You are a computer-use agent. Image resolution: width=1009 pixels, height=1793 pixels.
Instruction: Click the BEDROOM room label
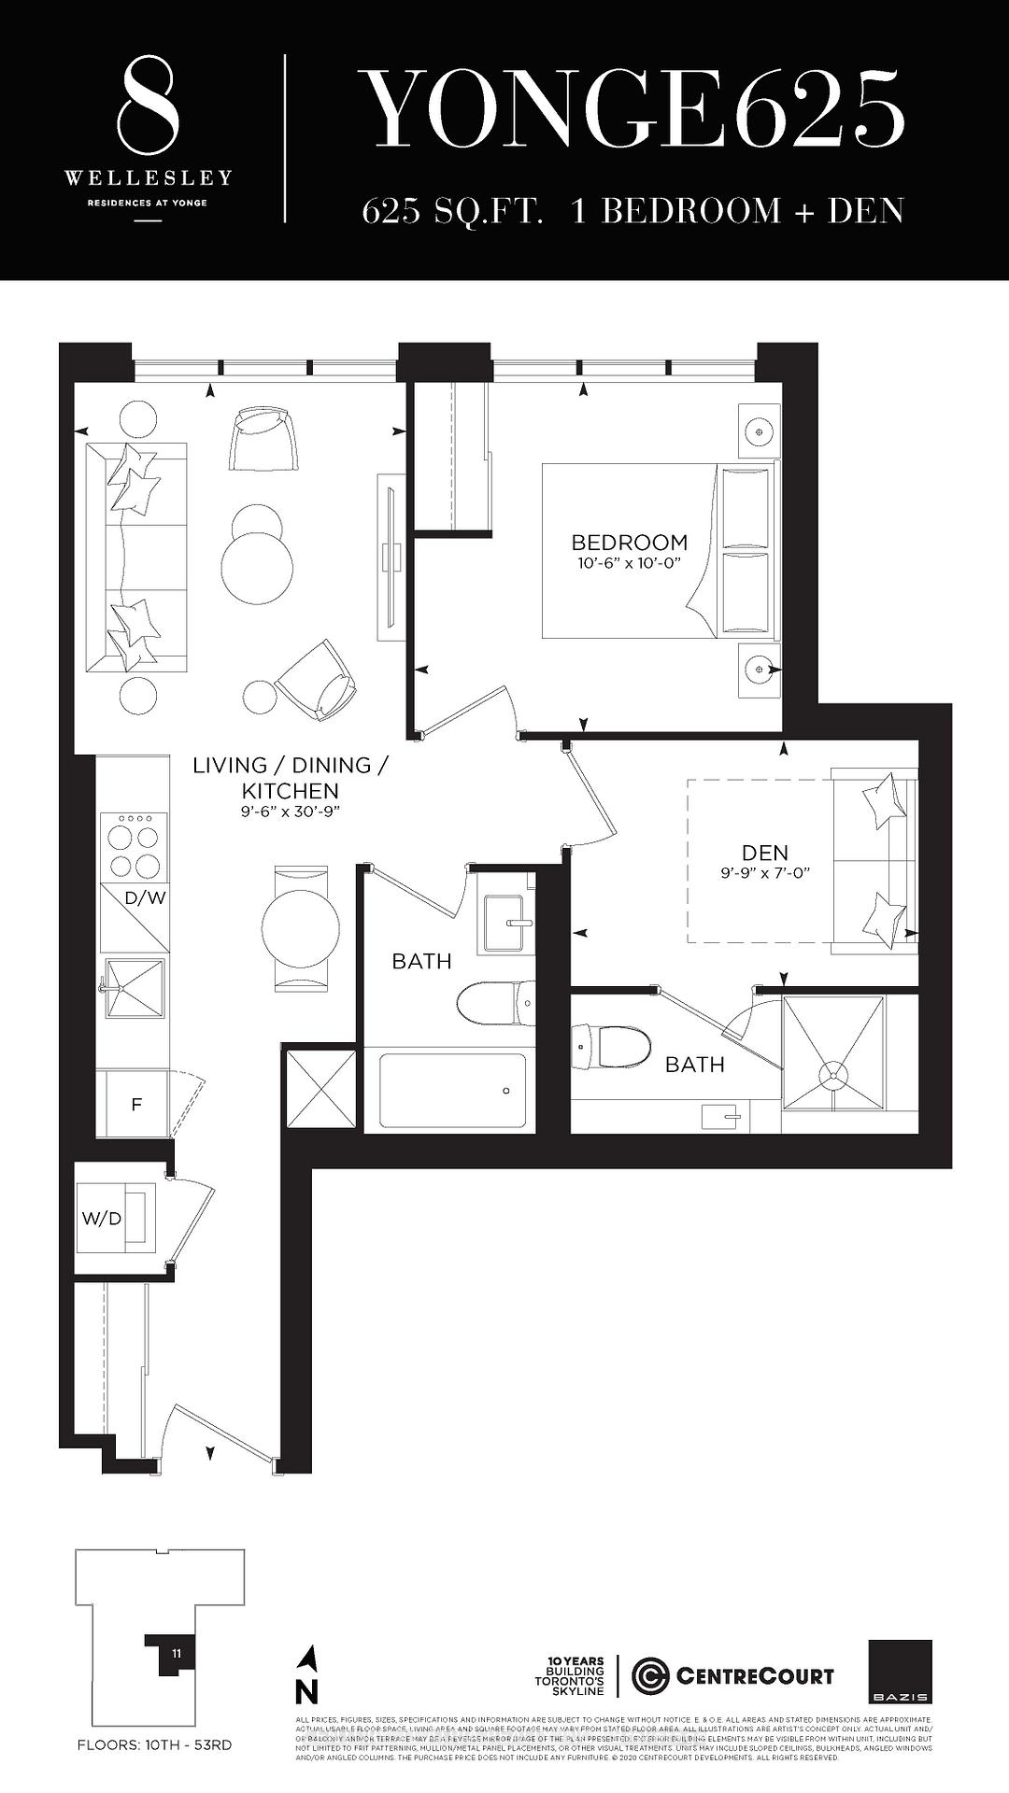(x=629, y=542)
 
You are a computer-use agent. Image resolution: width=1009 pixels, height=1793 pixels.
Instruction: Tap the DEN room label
(x=764, y=852)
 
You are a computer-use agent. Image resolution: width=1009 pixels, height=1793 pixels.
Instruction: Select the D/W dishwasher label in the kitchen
(x=145, y=898)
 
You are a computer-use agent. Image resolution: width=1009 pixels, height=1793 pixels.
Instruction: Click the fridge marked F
(x=136, y=1104)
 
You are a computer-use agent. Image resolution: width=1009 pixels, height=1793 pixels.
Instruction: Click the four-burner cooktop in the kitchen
(x=135, y=846)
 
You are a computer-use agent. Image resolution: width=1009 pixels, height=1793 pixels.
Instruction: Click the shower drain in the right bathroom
(x=832, y=1074)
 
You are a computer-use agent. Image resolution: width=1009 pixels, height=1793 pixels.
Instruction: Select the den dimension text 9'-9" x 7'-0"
(x=764, y=873)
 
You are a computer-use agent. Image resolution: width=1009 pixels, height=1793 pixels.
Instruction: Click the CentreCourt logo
(x=732, y=1676)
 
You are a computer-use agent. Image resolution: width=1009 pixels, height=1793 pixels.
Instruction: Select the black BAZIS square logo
(x=900, y=1672)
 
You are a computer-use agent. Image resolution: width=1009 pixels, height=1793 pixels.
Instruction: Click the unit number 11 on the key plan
(x=177, y=1653)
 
